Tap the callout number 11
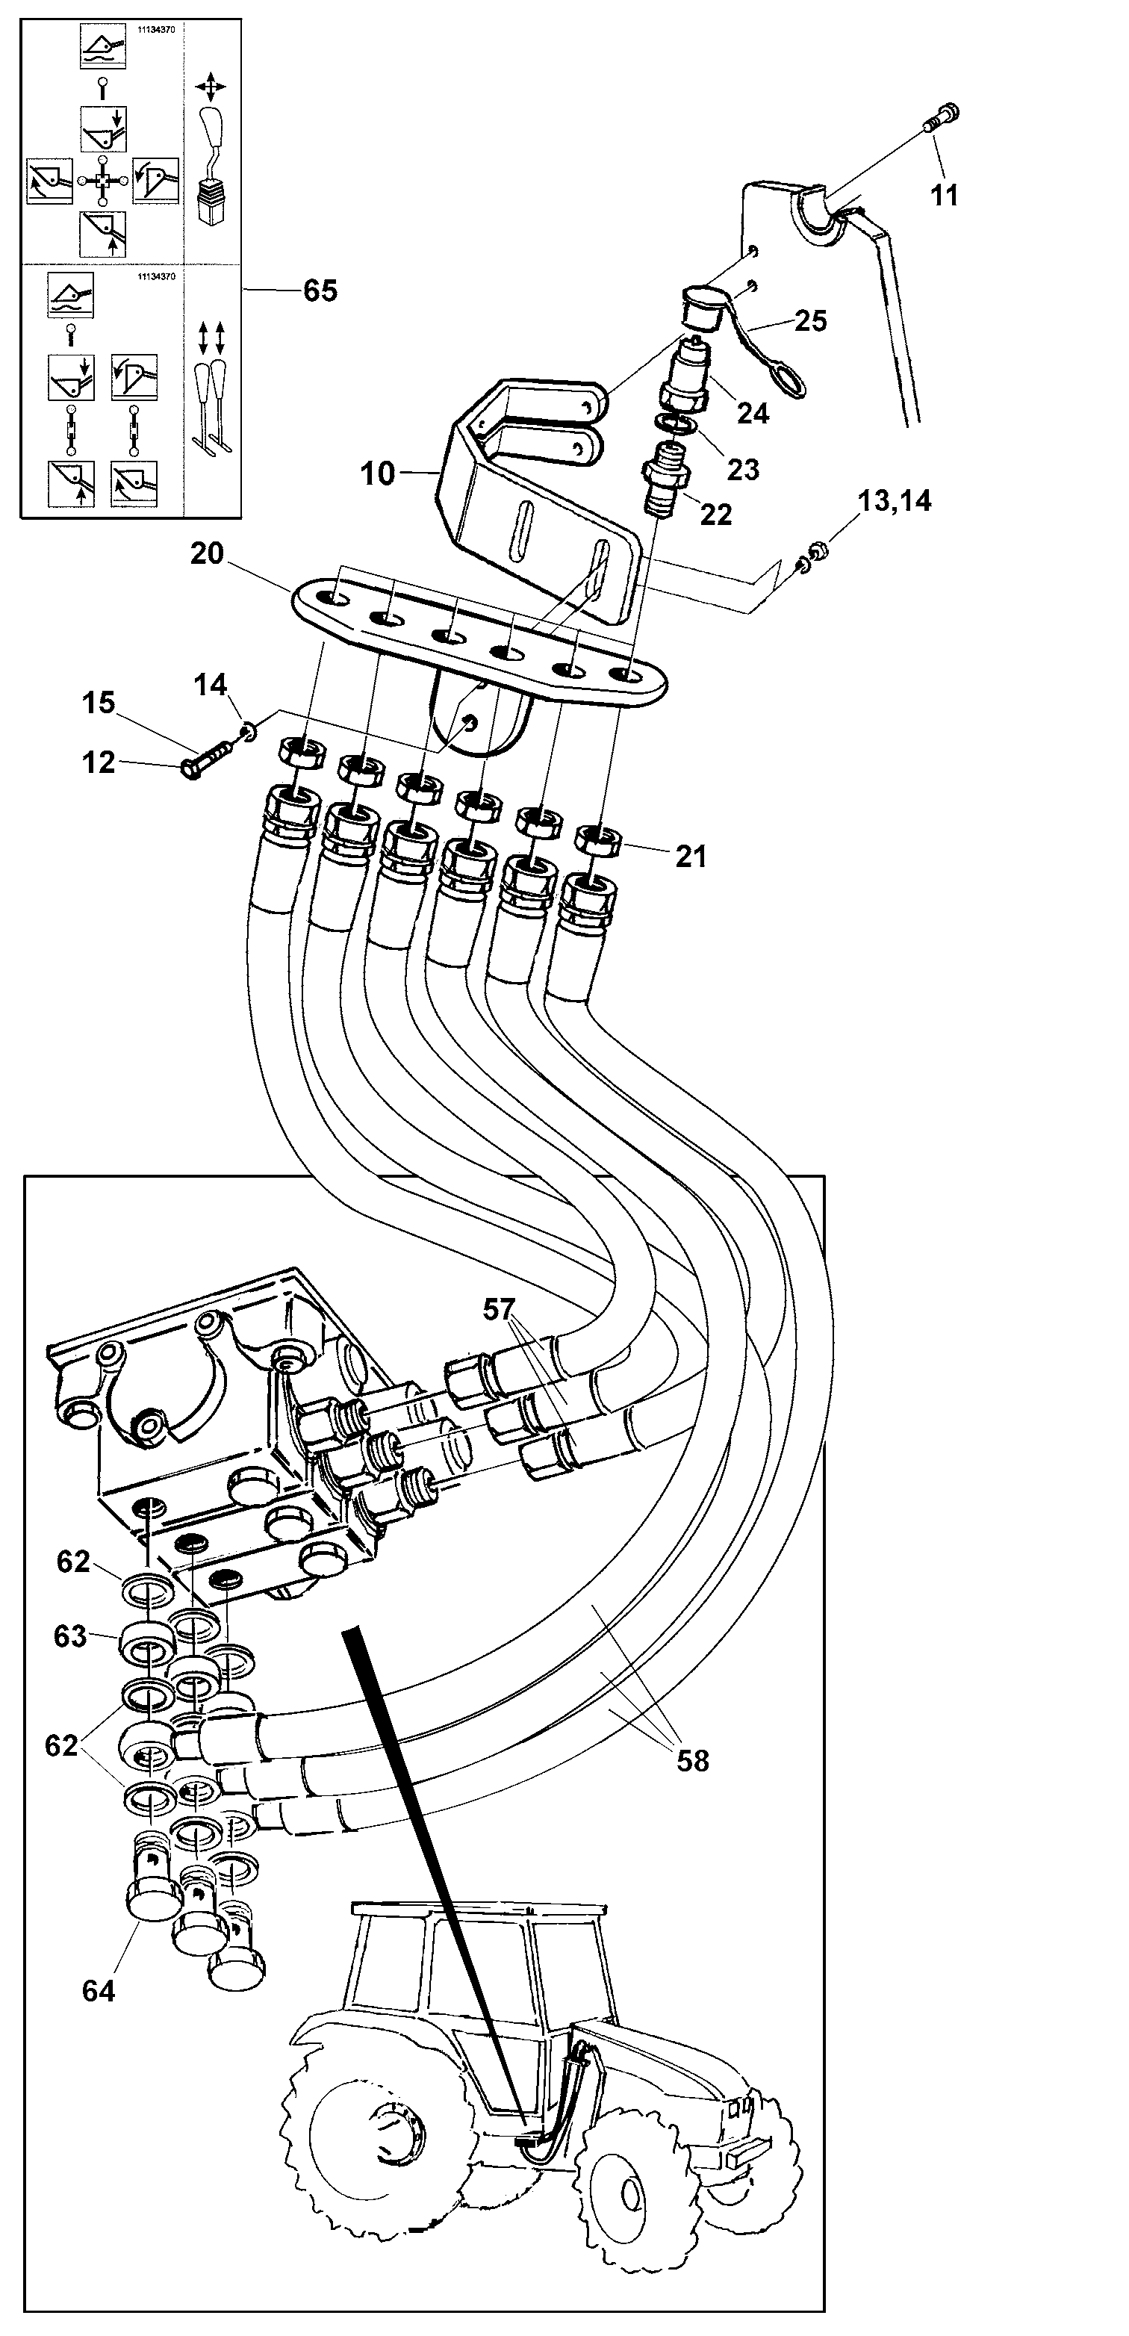point(944,194)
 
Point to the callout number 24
point(753,414)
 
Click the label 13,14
point(894,500)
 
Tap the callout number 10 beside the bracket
point(377,473)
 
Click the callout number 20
point(207,553)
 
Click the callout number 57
point(499,1308)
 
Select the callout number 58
point(693,1760)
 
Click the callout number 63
point(70,1636)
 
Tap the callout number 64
point(98,1990)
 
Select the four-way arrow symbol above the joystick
point(211,89)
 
